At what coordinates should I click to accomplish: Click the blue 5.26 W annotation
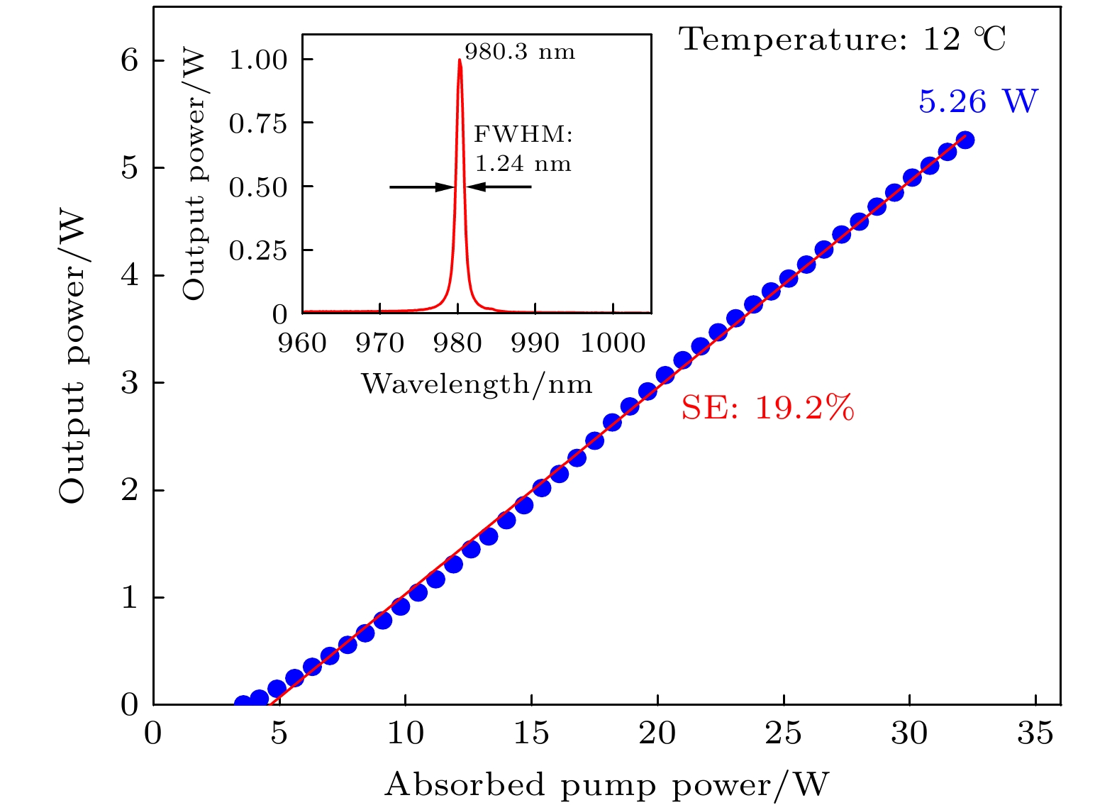977,101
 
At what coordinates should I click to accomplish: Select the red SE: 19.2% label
767,408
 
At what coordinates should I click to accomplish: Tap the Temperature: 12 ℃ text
843,39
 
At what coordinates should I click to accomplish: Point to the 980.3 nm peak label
520,52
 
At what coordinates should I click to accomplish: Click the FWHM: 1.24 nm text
523,149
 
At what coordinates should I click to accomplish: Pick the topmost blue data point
965,140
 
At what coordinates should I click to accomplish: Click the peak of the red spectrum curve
460,60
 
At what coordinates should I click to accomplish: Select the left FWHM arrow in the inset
421,187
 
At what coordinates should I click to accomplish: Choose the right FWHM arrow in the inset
499,187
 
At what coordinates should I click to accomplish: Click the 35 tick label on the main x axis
1035,733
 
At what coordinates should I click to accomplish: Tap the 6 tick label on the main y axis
129,60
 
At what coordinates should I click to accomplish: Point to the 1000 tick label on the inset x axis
613,343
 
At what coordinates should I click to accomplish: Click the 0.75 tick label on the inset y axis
258,123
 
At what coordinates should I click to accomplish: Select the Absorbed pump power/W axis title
606,785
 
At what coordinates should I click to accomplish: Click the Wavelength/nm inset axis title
477,384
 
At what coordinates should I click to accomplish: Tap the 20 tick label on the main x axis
657,733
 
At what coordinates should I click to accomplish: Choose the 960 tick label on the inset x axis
303,343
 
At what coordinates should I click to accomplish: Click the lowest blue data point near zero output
243,704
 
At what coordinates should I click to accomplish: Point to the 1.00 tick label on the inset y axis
258,60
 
